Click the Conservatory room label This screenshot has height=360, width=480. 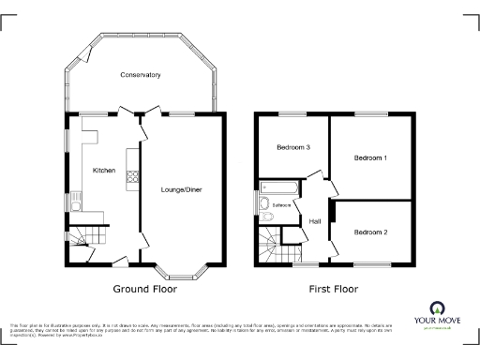point(140,75)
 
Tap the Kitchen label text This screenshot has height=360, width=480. point(104,171)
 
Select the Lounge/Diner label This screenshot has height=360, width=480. point(182,190)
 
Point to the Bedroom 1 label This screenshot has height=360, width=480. point(370,158)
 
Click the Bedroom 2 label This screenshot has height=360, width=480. point(370,232)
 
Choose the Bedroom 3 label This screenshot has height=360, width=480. point(292,147)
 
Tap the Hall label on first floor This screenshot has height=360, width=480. point(316,221)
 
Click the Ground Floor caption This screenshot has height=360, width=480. point(144,290)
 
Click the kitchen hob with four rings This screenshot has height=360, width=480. point(132,175)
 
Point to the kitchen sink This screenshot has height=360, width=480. point(72,200)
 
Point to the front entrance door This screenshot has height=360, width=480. point(120,260)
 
